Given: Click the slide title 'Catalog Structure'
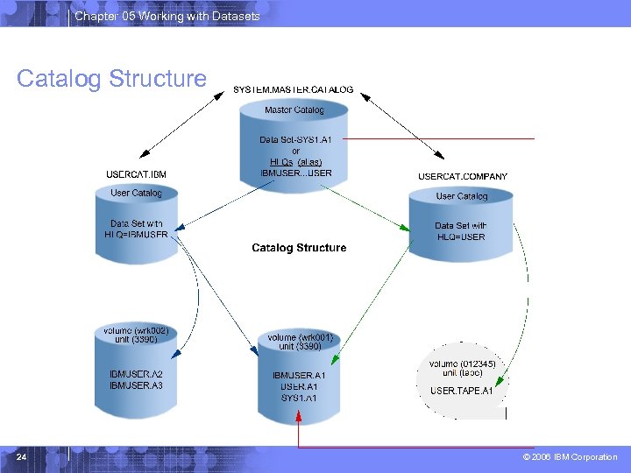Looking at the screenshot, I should click(111, 79).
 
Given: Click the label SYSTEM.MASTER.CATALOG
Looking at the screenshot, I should click(294, 89).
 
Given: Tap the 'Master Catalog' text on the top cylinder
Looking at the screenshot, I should click(294, 110).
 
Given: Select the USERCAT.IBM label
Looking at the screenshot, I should click(136, 174).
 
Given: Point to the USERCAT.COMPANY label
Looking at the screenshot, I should click(463, 176).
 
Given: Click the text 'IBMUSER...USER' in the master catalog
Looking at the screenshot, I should click(296, 173).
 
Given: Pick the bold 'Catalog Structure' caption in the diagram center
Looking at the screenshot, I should click(299, 248).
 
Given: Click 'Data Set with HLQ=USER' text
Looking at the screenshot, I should click(461, 231).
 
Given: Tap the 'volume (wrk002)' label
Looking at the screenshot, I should click(136, 331).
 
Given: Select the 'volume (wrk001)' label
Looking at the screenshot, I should click(300, 337).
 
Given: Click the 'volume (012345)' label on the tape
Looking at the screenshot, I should click(463, 364).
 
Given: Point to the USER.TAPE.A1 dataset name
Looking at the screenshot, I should click(462, 391).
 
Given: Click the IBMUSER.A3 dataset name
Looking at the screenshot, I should click(136, 385).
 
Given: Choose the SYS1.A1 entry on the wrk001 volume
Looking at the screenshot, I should click(299, 399).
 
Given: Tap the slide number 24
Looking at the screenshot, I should click(22, 457).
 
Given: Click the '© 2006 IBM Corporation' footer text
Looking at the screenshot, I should click(570, 457).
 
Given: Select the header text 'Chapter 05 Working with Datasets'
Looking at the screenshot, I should click(167, 16).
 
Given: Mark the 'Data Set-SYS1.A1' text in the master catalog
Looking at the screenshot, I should click(296, 140).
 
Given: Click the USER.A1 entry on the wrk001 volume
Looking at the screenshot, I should click(299, 387).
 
